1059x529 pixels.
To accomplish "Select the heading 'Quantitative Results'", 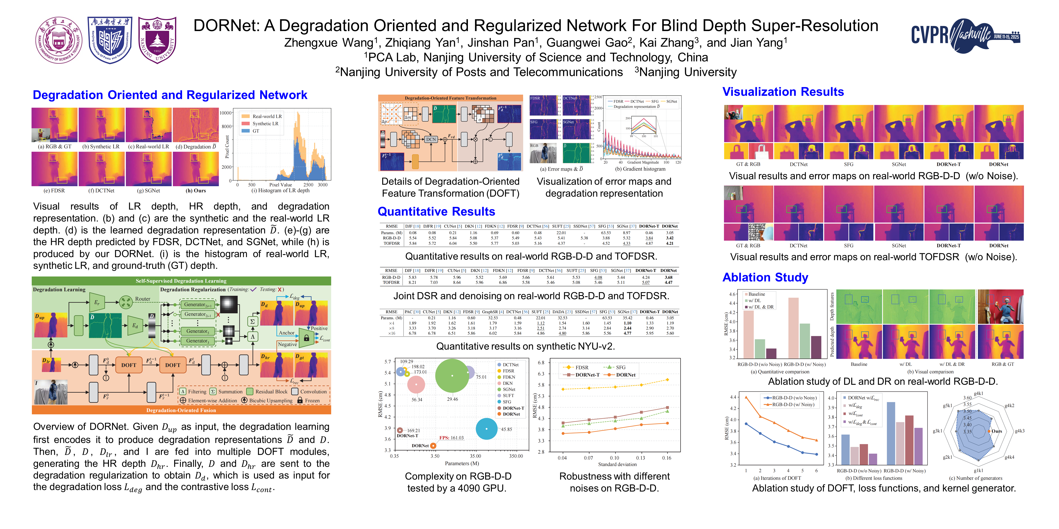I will pos(436,211).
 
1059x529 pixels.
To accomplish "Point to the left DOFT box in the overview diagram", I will pos(129,365).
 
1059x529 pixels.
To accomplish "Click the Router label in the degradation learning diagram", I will pos(143,299).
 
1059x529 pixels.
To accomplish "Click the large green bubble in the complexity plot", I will pos(452,375).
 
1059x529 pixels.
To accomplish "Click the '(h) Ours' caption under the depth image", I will pos(196,191).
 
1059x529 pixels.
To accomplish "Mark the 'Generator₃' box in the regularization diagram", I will pos(197,341).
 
